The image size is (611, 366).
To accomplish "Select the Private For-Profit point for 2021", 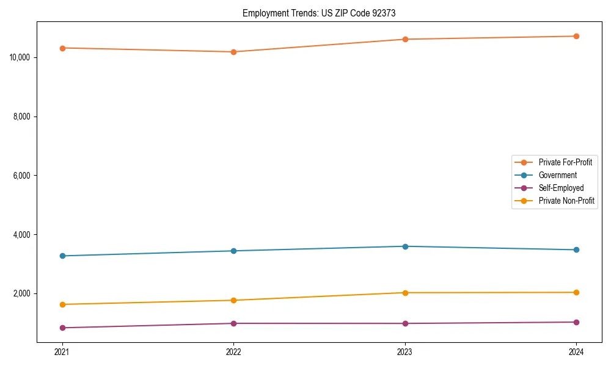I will (62, 48).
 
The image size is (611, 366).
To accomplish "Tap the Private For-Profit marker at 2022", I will (233, 52).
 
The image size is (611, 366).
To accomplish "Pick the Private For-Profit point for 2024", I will (576, 36).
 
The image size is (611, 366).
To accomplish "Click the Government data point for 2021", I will (62, 256).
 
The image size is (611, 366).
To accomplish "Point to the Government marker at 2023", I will (405, 246).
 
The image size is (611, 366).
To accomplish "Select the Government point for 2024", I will (576, 249).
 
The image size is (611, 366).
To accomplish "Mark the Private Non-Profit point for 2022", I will (233, 300).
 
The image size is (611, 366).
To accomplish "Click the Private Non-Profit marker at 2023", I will (405, 293).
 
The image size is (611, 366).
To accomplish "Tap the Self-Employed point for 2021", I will (62, 328).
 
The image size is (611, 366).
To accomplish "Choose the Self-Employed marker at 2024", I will (576, 322).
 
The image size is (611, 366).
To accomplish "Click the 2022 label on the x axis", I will (233, 352).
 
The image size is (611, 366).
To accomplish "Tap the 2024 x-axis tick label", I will (576, 352).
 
